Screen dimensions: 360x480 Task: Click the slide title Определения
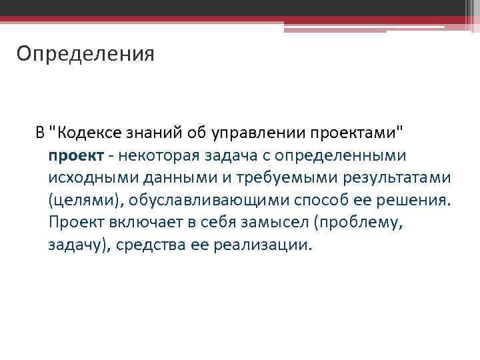(85, 53)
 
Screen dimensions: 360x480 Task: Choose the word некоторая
(154, 155)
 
